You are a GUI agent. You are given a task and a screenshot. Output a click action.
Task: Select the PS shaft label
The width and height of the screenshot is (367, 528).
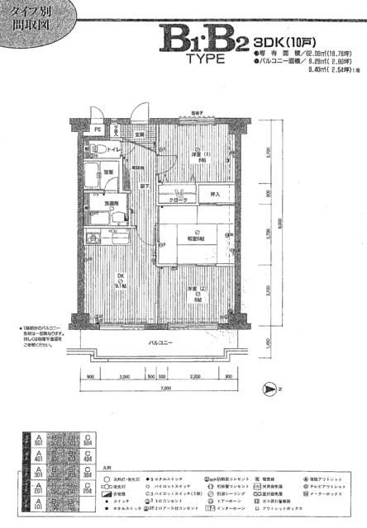point(97,130)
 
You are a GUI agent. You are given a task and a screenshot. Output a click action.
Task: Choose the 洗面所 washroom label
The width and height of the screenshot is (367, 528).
point(109,204)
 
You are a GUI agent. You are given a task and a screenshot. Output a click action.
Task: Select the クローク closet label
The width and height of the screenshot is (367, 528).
point(181,200)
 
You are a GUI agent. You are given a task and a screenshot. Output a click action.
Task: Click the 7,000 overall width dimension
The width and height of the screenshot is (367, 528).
point(164,388)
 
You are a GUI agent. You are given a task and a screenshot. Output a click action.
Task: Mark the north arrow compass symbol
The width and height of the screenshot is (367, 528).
point(269,388)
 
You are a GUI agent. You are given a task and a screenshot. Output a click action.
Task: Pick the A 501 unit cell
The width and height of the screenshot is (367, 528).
point(15,438)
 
